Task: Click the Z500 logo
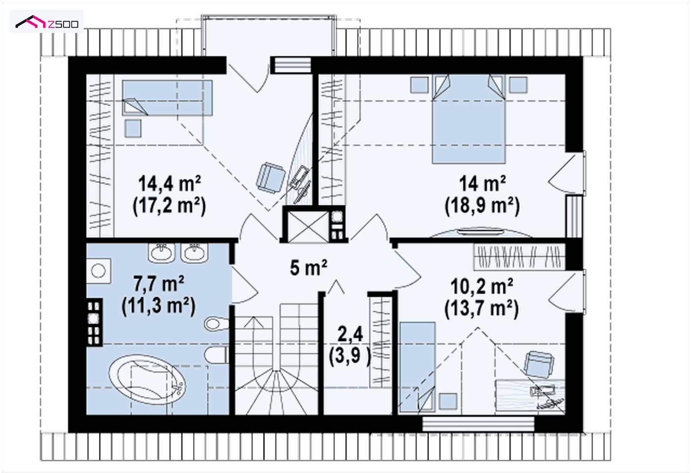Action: click(x=47, y=22)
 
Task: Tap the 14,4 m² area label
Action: click(x=169, y=184)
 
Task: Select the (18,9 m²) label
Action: click(x=482, y=205)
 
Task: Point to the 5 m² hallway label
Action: click(x=308, y=268)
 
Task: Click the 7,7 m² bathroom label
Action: click(x=159, y=283)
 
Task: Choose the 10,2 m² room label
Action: click(x=482, y=286)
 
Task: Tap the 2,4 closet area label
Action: click(x=350, y=334)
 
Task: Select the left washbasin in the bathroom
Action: click(x=162, y=253)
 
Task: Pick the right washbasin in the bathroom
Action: click(x=195, y=253)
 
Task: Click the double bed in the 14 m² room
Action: click(x=468, y=119)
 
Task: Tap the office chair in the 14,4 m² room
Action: click(x=270, y=178)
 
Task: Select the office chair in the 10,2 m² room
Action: click(x=539, y=365)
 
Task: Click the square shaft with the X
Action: click(x=308, y=226)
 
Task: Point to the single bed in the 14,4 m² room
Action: click(x=167, y=98)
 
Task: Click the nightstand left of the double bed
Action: click(x=419, y=85)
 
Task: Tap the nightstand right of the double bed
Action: click(x=518, y=85)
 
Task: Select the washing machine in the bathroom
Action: click(x=99, y=271)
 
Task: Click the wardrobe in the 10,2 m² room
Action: click(x=519, y=257)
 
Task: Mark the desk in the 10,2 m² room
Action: click(x=530, y=396)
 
